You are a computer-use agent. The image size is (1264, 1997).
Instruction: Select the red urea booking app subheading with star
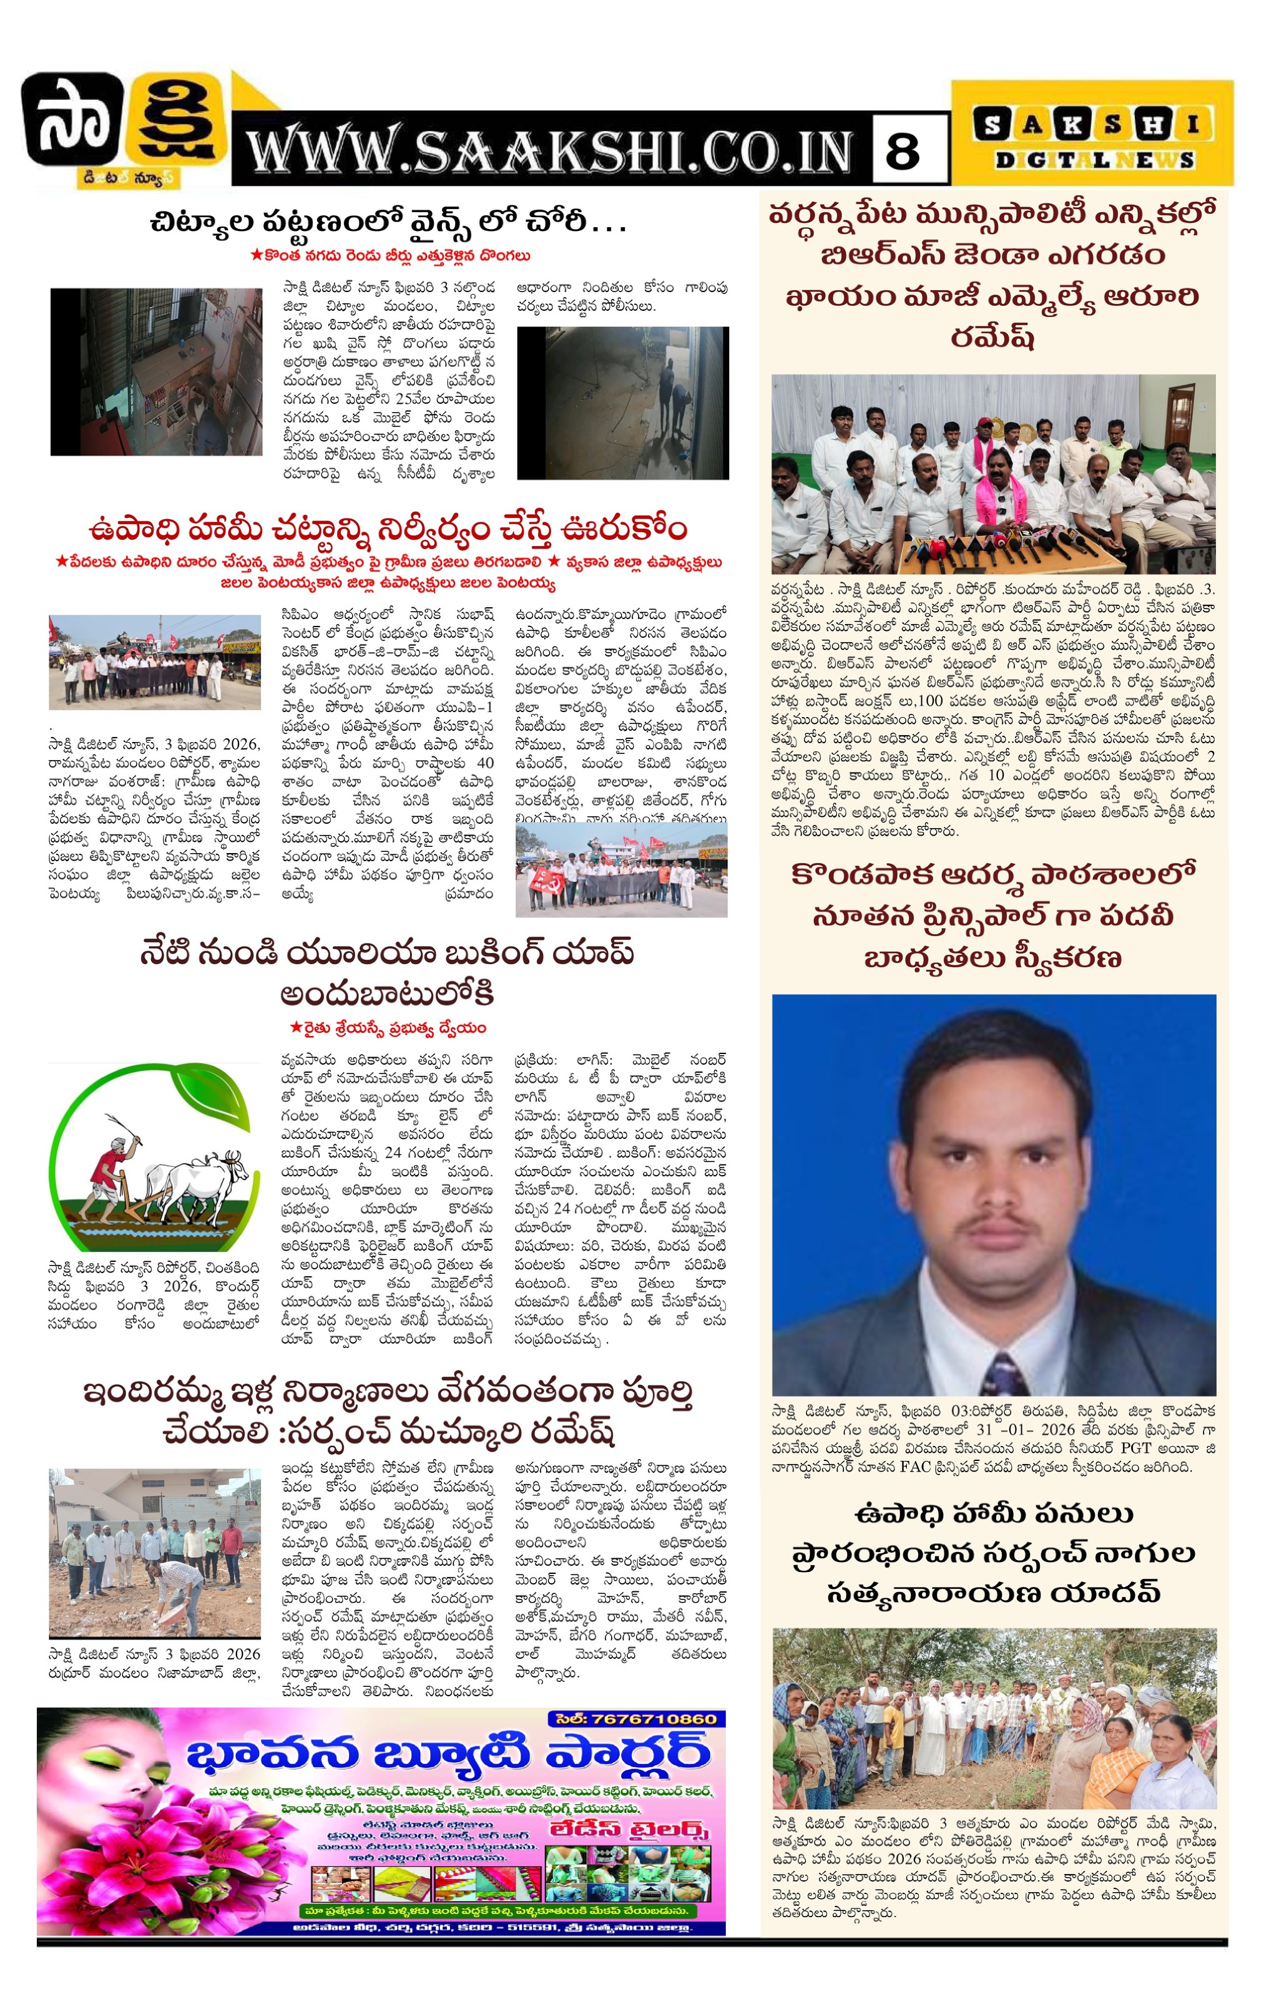coord(388,1028)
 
